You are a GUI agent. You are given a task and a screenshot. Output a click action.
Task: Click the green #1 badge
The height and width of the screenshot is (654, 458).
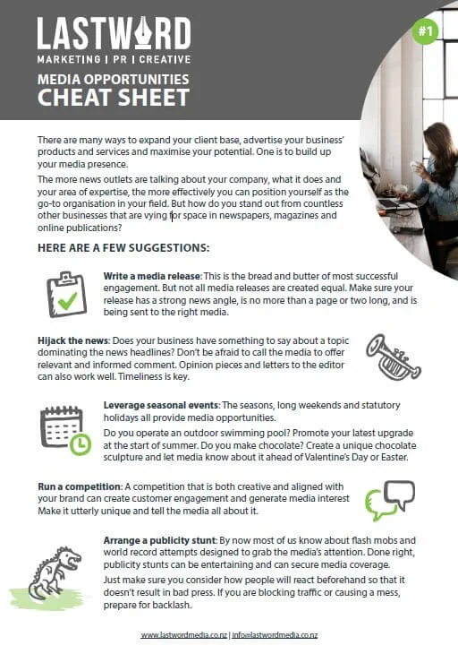425,31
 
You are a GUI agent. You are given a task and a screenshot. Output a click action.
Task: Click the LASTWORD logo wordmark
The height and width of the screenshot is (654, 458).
114,34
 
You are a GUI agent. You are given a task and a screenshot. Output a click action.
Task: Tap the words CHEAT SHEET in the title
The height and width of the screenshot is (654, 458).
113,97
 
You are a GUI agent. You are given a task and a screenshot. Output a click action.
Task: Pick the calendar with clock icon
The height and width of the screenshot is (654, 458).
65,429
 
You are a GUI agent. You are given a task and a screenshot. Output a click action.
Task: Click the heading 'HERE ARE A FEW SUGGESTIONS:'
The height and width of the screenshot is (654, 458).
124,246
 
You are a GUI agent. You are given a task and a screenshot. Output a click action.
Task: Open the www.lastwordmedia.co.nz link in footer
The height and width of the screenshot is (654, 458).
182,634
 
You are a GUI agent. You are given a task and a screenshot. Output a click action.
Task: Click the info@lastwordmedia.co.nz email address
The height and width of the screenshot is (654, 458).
276,634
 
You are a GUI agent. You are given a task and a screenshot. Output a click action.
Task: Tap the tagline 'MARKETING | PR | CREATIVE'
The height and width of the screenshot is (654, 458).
113,58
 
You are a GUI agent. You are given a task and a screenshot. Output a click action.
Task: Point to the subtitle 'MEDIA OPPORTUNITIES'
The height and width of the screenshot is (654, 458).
113,79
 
